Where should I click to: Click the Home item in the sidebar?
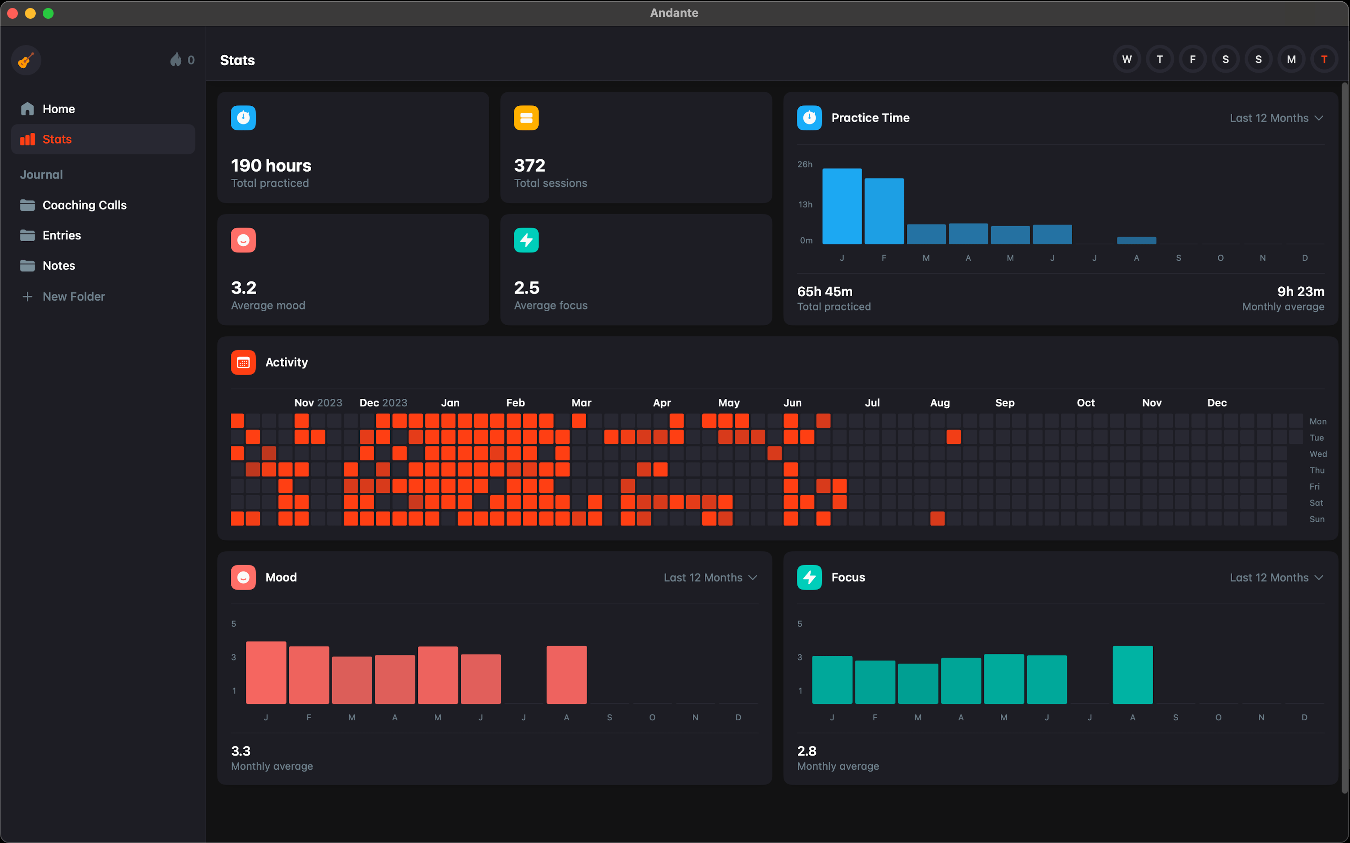click(x=58, y=109)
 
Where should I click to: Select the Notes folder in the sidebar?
click(x=58, y=265)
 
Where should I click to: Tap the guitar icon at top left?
click(x=25, y=60)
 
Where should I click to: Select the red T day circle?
click(x=1324, y=60)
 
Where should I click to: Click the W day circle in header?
click(x=1126, y=60)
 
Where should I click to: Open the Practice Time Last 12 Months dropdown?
click(x=1276, y=118)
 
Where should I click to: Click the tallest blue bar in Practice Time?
click(x=842, y=206)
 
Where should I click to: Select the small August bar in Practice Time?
click(x=1136, y=240)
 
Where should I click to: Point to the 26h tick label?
click(x=804, y=165)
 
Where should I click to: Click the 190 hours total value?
click(x=271, y=165)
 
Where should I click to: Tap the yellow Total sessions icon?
click(x=526, y=118)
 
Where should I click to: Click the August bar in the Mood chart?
click(x=566, y=674)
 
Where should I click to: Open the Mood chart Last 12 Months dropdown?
click(x=709, y=578)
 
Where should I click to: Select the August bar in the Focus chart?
click(x=1133, y=674)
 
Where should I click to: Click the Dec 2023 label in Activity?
click(x=383, y=402)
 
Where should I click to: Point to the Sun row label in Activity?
click(x=1317, y=519)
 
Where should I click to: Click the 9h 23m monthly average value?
click(x=1300, y=292)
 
